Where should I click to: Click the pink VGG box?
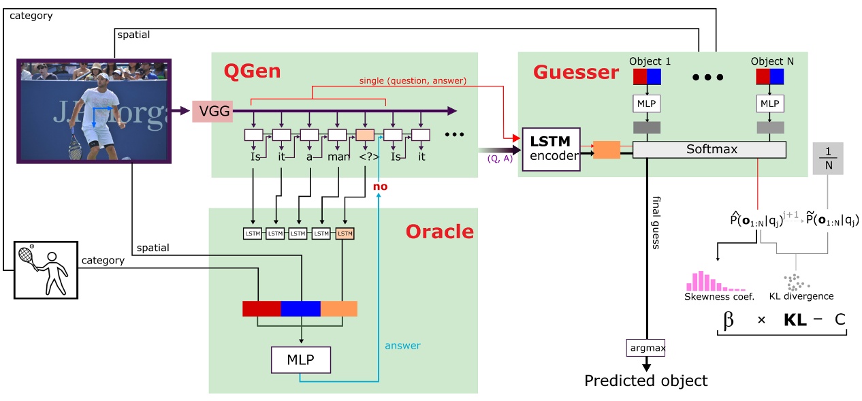(212, 111)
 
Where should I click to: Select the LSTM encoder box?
(551, 150)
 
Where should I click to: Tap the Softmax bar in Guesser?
(709, 150)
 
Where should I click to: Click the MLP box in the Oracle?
(301, 359)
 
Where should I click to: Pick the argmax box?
(645, 348)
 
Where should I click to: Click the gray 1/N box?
(828, 158)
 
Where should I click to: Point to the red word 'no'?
(380, 186)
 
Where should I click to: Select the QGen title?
(252, 71)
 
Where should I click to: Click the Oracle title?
(439, 231)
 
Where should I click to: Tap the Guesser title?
(576, 71)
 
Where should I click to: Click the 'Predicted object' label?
(645, 381)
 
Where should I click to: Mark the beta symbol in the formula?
(729, 319)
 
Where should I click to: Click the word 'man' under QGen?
(339, 157)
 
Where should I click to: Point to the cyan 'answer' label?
(402, 345)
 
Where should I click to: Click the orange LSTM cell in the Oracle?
(345, 234)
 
